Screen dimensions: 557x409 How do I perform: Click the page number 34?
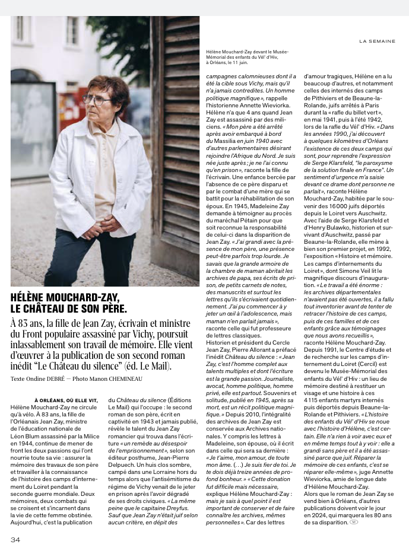point(15,539)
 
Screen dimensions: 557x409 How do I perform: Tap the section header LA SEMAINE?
point(377,42)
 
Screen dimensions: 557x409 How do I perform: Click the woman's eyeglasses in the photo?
point(96,100)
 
